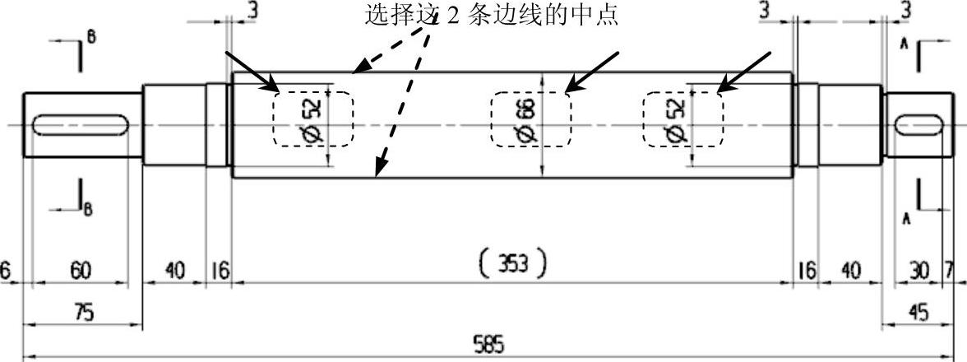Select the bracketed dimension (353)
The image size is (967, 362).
pyautogui.click(x=512, y=264)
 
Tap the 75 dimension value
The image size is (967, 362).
pyautogui.click(x=84, y=313)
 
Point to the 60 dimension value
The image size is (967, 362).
pyautogui.click(x=80, y=271)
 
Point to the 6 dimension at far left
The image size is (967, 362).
pyautogui.click(x=6, y=271)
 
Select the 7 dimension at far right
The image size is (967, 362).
pyautogui.click(x=949, y=271)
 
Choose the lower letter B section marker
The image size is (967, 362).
pyautogui.click(x=88, y=209)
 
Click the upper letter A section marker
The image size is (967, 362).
pyautogui.click(x=903, y=46)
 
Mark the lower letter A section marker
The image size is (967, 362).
pyautogui.click(x=904, y=219)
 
